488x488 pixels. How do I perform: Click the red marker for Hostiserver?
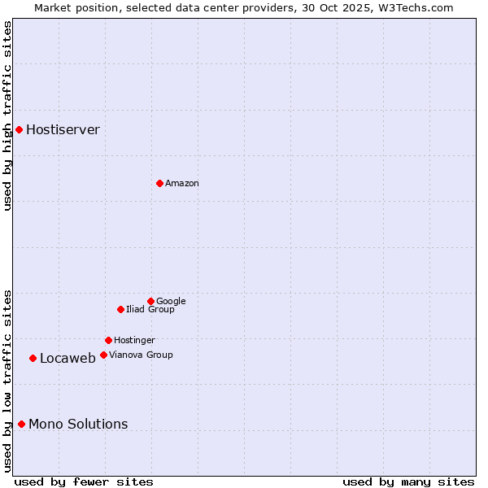[x=19, y=129]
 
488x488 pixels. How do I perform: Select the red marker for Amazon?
[x=159, y=183]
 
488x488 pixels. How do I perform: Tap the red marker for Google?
[x=150, y=301]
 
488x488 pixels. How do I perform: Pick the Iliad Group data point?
[x=120, y=309]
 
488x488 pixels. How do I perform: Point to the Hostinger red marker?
[x=108, y=340]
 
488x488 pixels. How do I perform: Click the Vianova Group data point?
[x=103, y=355]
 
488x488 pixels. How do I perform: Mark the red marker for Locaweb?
[x=33, y=358]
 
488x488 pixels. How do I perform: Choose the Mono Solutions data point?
[x=21, y=424]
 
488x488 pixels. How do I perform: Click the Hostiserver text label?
[x=63, y=130]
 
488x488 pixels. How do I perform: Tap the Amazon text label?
[x=182, y=184]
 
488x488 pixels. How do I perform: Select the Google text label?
[x=171, y=302]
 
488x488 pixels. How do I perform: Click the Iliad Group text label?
[x=150, y=310]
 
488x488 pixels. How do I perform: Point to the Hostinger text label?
[x=134, y=341]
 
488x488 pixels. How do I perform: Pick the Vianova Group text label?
[x=141, y=355]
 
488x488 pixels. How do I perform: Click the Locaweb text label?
[x=68, y=359]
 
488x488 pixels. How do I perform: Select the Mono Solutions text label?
[x=78, y=425]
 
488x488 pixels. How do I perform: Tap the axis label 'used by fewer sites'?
[x=84, y=481]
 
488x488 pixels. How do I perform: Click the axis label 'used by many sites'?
[x=408, y=481]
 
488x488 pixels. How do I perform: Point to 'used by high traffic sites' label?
[x=7, y=115]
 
